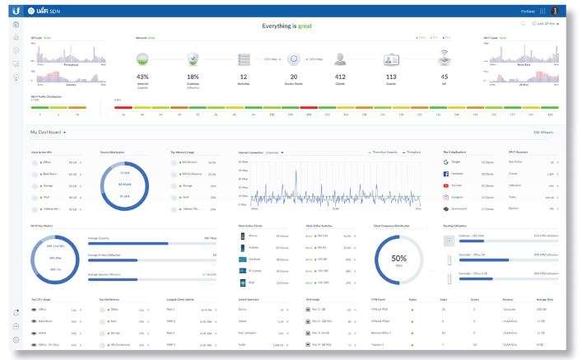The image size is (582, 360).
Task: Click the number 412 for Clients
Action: [x=340, y=77]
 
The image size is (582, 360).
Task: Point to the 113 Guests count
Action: [x=392, y=77]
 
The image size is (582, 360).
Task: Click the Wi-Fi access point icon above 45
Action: [x=444, y=58]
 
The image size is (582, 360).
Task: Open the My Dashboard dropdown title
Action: [x=48, y=132]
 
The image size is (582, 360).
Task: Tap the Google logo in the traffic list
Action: [x=445, y=162]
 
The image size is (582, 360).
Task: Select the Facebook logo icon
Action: [x=445, y=174]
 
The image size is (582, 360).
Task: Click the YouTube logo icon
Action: [x=445, y=186]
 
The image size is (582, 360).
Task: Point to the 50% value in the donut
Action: [x=398, y=259]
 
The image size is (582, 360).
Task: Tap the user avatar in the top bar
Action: [x=555, y=10]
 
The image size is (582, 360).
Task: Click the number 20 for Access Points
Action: [x=293, y=77]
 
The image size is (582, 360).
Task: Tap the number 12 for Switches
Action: [x=244, y=77]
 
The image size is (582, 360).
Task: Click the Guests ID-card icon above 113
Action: [x=392, y=58]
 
